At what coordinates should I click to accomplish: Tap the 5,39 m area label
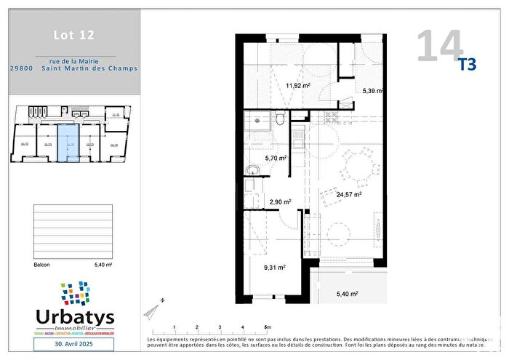click(x=373, y=92)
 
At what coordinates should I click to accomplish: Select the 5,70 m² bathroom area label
click(x=276, y=158)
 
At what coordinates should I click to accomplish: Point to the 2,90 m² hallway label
click(x=280, y=202)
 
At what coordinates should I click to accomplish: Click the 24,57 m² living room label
click(x=349, y=194)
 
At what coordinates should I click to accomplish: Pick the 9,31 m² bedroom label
click(x=274, y=267)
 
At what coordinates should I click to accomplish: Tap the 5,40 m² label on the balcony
click(x=348, y=294)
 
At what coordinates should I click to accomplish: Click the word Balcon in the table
click(x=42, y=265)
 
